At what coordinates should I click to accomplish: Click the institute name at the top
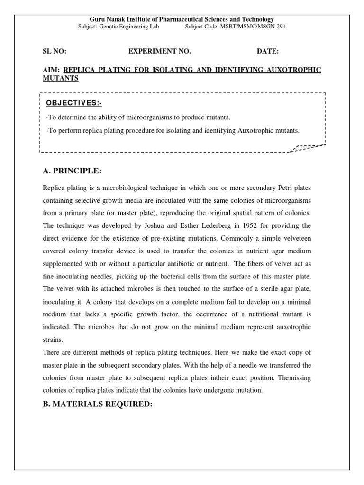(182, 19)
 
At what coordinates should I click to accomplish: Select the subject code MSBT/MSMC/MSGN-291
(252, 27)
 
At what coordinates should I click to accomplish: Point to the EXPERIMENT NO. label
(160, 51)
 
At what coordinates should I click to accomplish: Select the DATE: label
(268, 51)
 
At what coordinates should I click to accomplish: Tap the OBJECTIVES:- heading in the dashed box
(73, 103)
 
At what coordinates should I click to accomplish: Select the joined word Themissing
(293, 378)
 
